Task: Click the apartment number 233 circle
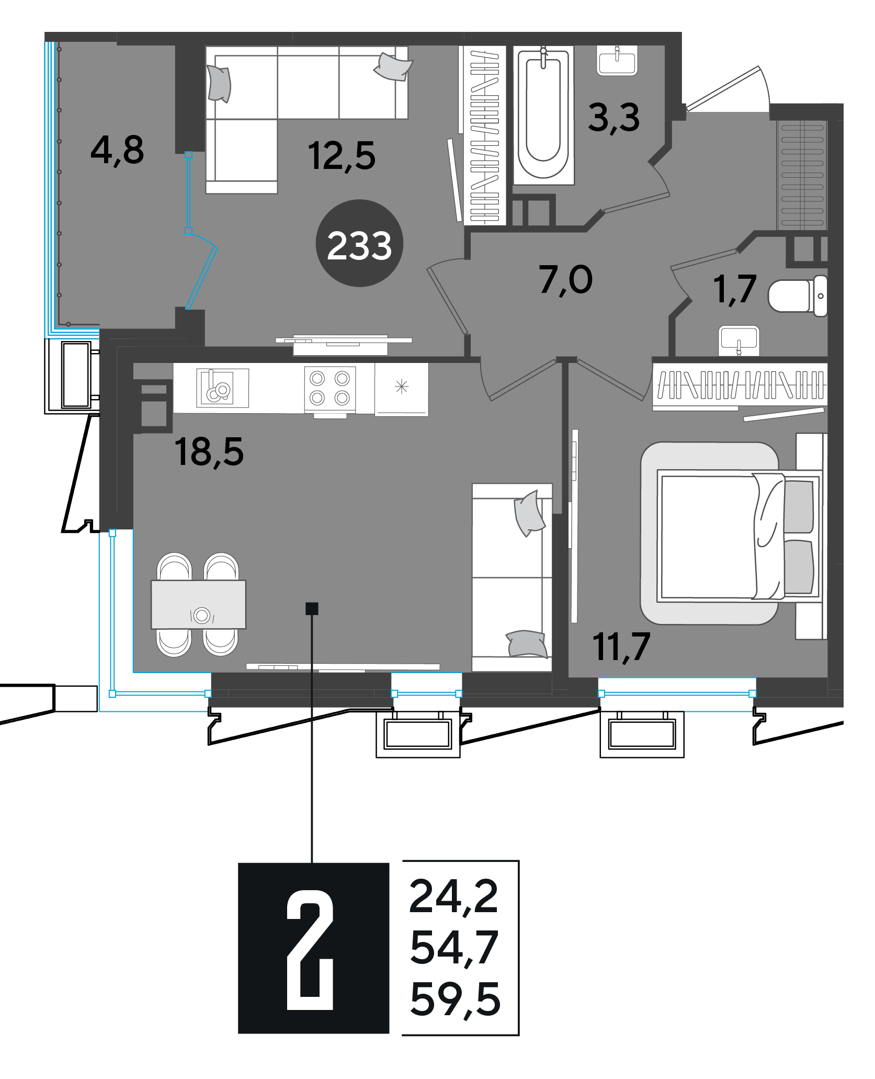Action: click(x=359, y=243)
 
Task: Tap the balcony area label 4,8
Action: click(x=117, y=151)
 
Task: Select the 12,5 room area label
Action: click(x=342, y=156)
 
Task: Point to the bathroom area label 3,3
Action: click(x=614, y=118)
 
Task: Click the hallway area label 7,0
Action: click(x=566, y=280)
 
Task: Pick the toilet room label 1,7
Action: click(x=735, y=289)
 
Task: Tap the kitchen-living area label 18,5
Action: click(x=209, y=452)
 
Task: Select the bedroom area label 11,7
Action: click(x=621, y=648)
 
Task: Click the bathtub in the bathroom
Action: click(x=543, y=115)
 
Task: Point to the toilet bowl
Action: click(x=798, y=296)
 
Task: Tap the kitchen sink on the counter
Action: click(x=222, y=388)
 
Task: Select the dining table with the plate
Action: click(x=198, y=604)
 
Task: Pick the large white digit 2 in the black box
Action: click(x=310, y=951)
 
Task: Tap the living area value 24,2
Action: click(x=453, y=898)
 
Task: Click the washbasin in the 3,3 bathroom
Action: click(x=617, y=61)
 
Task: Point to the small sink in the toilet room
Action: click(x=739, y=340)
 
